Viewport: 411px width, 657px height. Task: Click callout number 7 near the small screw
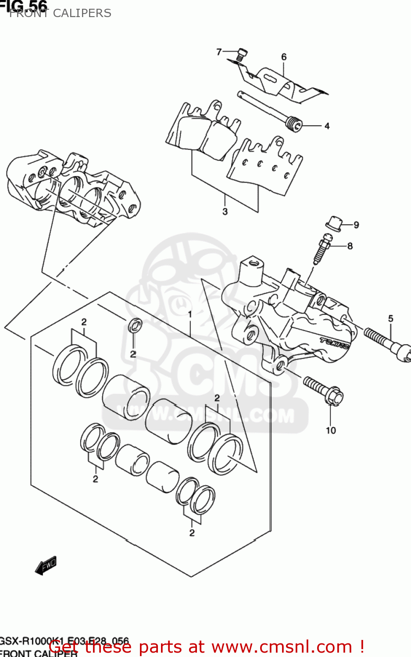coord(219,52)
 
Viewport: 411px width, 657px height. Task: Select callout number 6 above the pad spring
coord(284,57)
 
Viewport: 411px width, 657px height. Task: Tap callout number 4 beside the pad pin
coord(327,126)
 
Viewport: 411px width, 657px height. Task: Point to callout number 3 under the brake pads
coord(225,212)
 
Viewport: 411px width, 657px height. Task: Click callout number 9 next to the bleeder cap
coord(356,225)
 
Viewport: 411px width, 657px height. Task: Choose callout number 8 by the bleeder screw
coord(350,246)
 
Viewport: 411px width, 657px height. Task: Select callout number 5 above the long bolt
coord(390,318)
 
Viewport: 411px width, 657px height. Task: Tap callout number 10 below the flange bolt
coord(331,431)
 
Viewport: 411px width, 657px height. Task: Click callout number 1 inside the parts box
coord(190,314)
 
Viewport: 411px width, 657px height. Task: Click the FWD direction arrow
coord(46,565)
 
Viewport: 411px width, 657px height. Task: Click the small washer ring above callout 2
coord(135,325)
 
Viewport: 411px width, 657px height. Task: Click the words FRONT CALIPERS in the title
coord(60,13)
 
